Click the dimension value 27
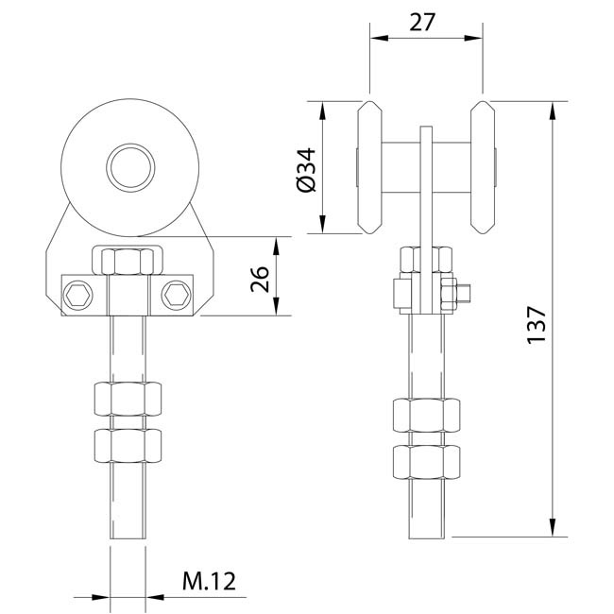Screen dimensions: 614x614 point(422,23)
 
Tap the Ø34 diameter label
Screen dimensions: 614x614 point(306,170)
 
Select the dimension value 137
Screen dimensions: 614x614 point(537,325)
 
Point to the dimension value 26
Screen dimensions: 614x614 point(260,280)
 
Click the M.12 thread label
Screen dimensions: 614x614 point(209,581)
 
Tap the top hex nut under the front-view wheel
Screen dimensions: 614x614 point(128,262)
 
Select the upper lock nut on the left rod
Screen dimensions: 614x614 point(128,399)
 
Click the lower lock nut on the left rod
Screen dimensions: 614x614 point(128,446)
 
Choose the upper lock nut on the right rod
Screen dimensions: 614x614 point(426,416)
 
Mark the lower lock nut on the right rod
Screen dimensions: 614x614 point(426,462)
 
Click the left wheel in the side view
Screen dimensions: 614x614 point(369,167)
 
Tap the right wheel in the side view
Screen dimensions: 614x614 point(483,167)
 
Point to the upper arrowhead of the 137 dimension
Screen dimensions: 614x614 point(553,110)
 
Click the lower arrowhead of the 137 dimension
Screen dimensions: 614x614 point(553,527)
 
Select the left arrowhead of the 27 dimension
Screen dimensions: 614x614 point(379,38)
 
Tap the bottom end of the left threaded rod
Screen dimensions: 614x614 point(128,538)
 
